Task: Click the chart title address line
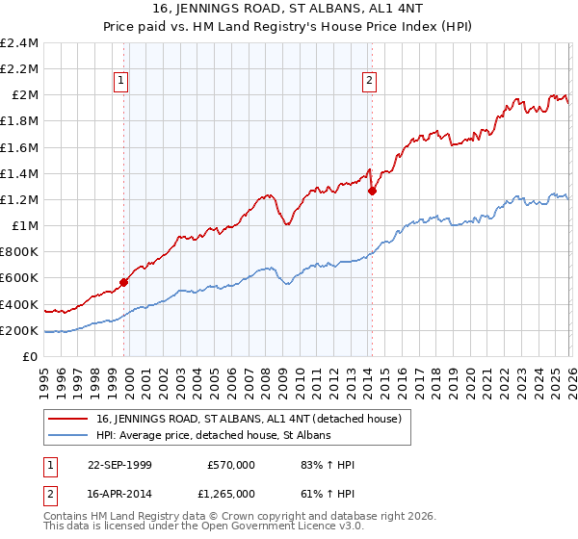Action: click(288, 9)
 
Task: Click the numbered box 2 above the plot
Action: click(370, 82)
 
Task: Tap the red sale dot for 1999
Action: click(123, 282)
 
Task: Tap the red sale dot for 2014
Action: click(372, 191)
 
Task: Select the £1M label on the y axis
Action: click(25, 226)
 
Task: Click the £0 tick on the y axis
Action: click(31, 357)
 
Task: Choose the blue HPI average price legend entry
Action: click(213, 435)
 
